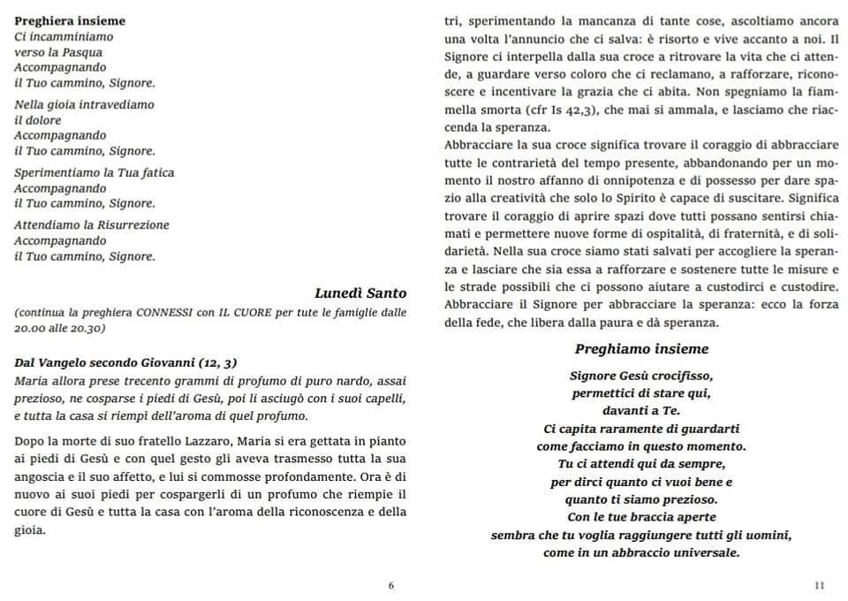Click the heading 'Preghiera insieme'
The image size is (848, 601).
point(70,20)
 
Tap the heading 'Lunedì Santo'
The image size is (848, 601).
point(360,293)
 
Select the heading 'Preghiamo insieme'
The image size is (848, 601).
point(641,349)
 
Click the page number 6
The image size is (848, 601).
point(391,585)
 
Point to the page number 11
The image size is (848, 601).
point(820,585)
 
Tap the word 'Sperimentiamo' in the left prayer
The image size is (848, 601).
point(57,172)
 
